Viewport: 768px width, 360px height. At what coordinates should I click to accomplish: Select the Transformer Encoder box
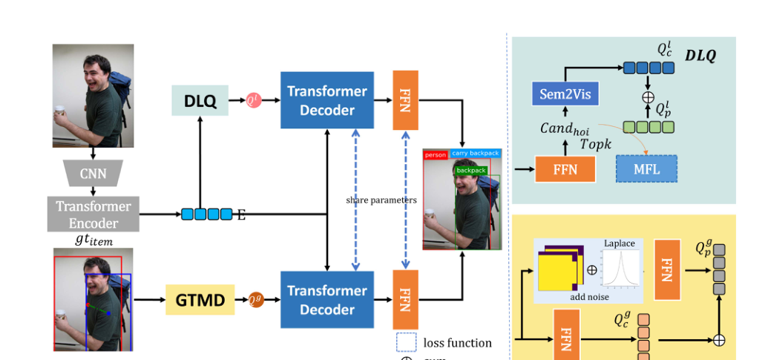pos(93,214)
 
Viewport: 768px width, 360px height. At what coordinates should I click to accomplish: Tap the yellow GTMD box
pos(200,300)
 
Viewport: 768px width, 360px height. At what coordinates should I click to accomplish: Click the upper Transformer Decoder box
pos(326,101)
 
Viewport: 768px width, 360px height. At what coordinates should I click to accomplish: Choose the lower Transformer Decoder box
pos(326,300)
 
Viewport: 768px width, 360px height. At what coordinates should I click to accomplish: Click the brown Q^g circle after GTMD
pos(255,300)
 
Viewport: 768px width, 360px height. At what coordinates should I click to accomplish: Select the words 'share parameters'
pos(381,200)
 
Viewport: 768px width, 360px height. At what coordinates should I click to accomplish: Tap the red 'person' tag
pos(436,155)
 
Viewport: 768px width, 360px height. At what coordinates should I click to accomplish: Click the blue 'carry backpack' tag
pos(475,154)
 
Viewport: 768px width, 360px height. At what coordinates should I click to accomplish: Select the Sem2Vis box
pos(565,94)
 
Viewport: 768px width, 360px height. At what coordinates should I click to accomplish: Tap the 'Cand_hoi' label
pos(565,127)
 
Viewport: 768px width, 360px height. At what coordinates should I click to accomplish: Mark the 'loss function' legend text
pos(458,343)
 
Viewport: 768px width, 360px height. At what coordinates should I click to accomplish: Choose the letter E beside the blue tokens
pos(240,215)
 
